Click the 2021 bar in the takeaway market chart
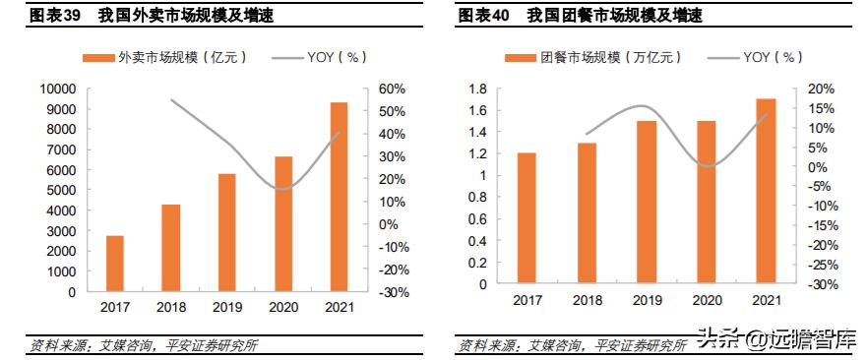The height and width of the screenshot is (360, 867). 339,197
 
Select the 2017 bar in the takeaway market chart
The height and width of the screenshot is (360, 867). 115,264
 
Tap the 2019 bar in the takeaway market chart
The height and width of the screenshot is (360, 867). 227,232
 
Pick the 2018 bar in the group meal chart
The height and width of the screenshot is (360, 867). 587,213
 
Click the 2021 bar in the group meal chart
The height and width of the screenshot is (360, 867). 766,191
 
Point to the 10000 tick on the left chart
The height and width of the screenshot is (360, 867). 56,89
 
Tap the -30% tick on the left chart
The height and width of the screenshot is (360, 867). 393,292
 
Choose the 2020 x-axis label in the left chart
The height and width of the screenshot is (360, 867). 282,307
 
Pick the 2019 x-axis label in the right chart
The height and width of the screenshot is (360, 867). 647,299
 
